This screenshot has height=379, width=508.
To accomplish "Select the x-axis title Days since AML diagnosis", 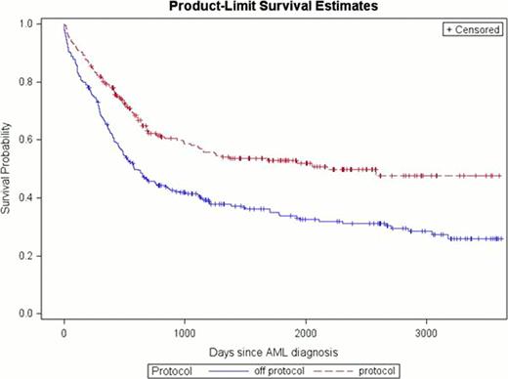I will click(x=266, y=350).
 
